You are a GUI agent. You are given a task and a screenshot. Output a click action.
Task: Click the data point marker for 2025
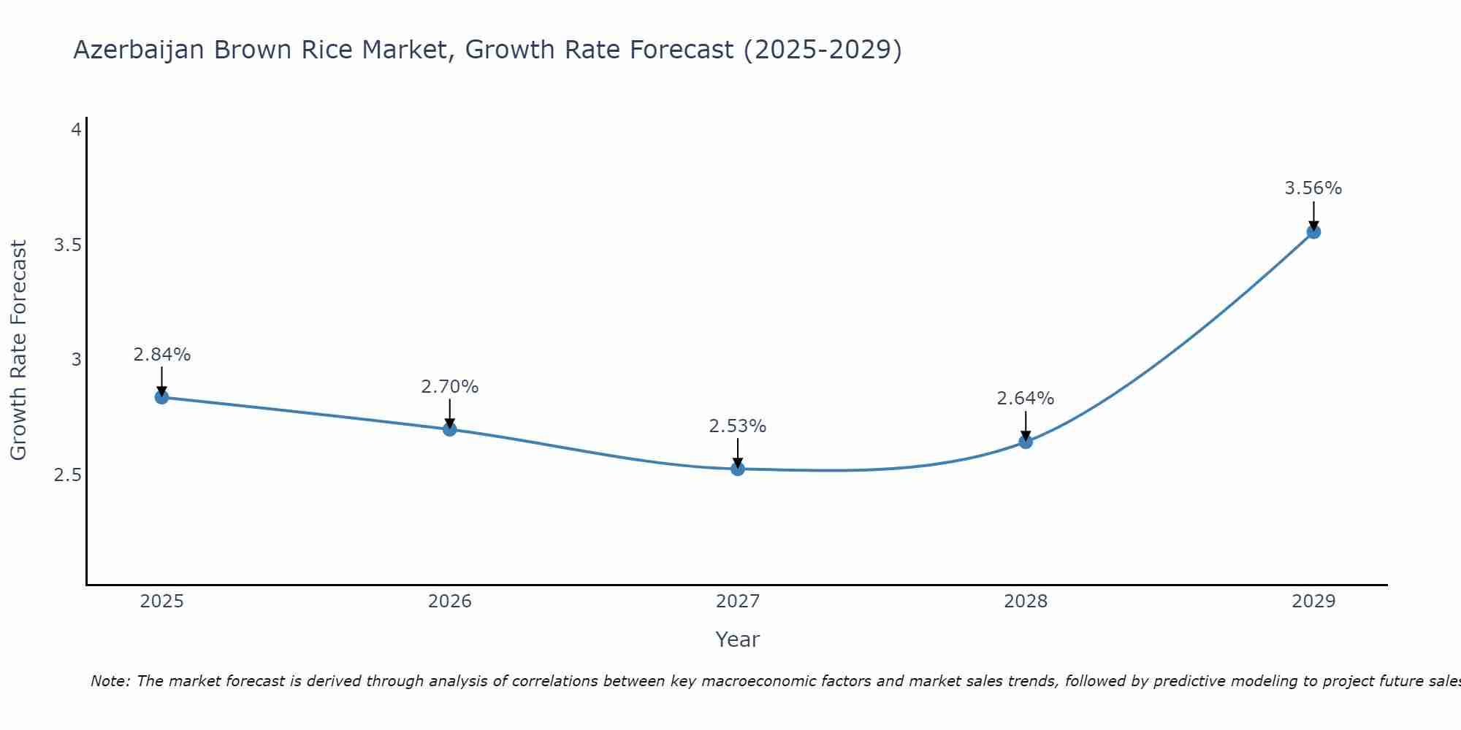(162, 397)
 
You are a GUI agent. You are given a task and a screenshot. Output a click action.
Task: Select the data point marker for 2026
(450, 429)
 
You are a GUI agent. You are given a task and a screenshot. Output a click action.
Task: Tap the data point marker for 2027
(738, 469)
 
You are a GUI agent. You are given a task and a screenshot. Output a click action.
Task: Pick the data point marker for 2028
(1026, 442)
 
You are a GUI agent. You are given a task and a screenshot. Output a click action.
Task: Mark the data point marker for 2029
(1313, 232)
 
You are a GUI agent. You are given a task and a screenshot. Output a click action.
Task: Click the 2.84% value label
(162, 355)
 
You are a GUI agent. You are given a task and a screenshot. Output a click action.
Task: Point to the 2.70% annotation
(450, 387)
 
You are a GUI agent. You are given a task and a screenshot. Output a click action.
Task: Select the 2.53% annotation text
(738, 426)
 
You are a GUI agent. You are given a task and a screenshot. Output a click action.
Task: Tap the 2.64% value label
(1026, 399)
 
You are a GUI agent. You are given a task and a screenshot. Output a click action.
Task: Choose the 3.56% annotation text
(1313, 188)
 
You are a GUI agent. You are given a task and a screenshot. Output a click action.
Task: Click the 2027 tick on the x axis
(738, 602)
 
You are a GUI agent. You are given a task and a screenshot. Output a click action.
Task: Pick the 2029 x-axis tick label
(1313, 602)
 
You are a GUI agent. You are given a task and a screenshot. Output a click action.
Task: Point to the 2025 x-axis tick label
(162, 602)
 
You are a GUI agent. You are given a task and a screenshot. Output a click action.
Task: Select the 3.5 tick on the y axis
(67, 245)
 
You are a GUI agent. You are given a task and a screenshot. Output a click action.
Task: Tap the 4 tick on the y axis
(75, 130)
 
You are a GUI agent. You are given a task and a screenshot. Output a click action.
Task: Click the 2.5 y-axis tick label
(67, 475)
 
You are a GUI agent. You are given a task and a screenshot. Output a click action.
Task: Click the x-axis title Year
(738, 639)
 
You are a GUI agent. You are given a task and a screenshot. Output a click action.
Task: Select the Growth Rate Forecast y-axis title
(19, 350)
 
